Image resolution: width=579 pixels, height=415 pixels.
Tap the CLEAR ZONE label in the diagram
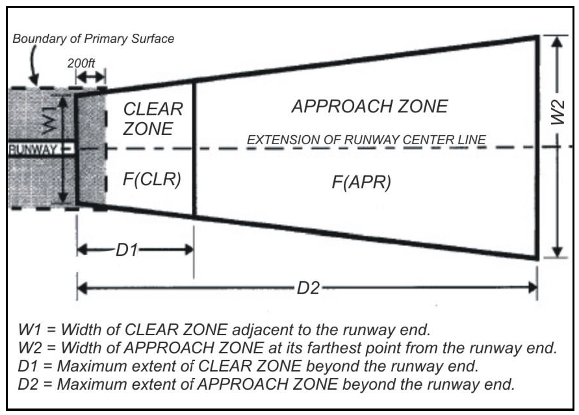pyautogui.click(x=153, y=119)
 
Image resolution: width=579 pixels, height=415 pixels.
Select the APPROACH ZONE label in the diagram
pyautogui.click(x=369, y=107)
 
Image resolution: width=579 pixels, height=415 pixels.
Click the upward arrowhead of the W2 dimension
pyautogui.click(x=556, y=41)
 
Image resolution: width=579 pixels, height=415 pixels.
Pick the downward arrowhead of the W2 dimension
pyautogui.click(x=556, y=253)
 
